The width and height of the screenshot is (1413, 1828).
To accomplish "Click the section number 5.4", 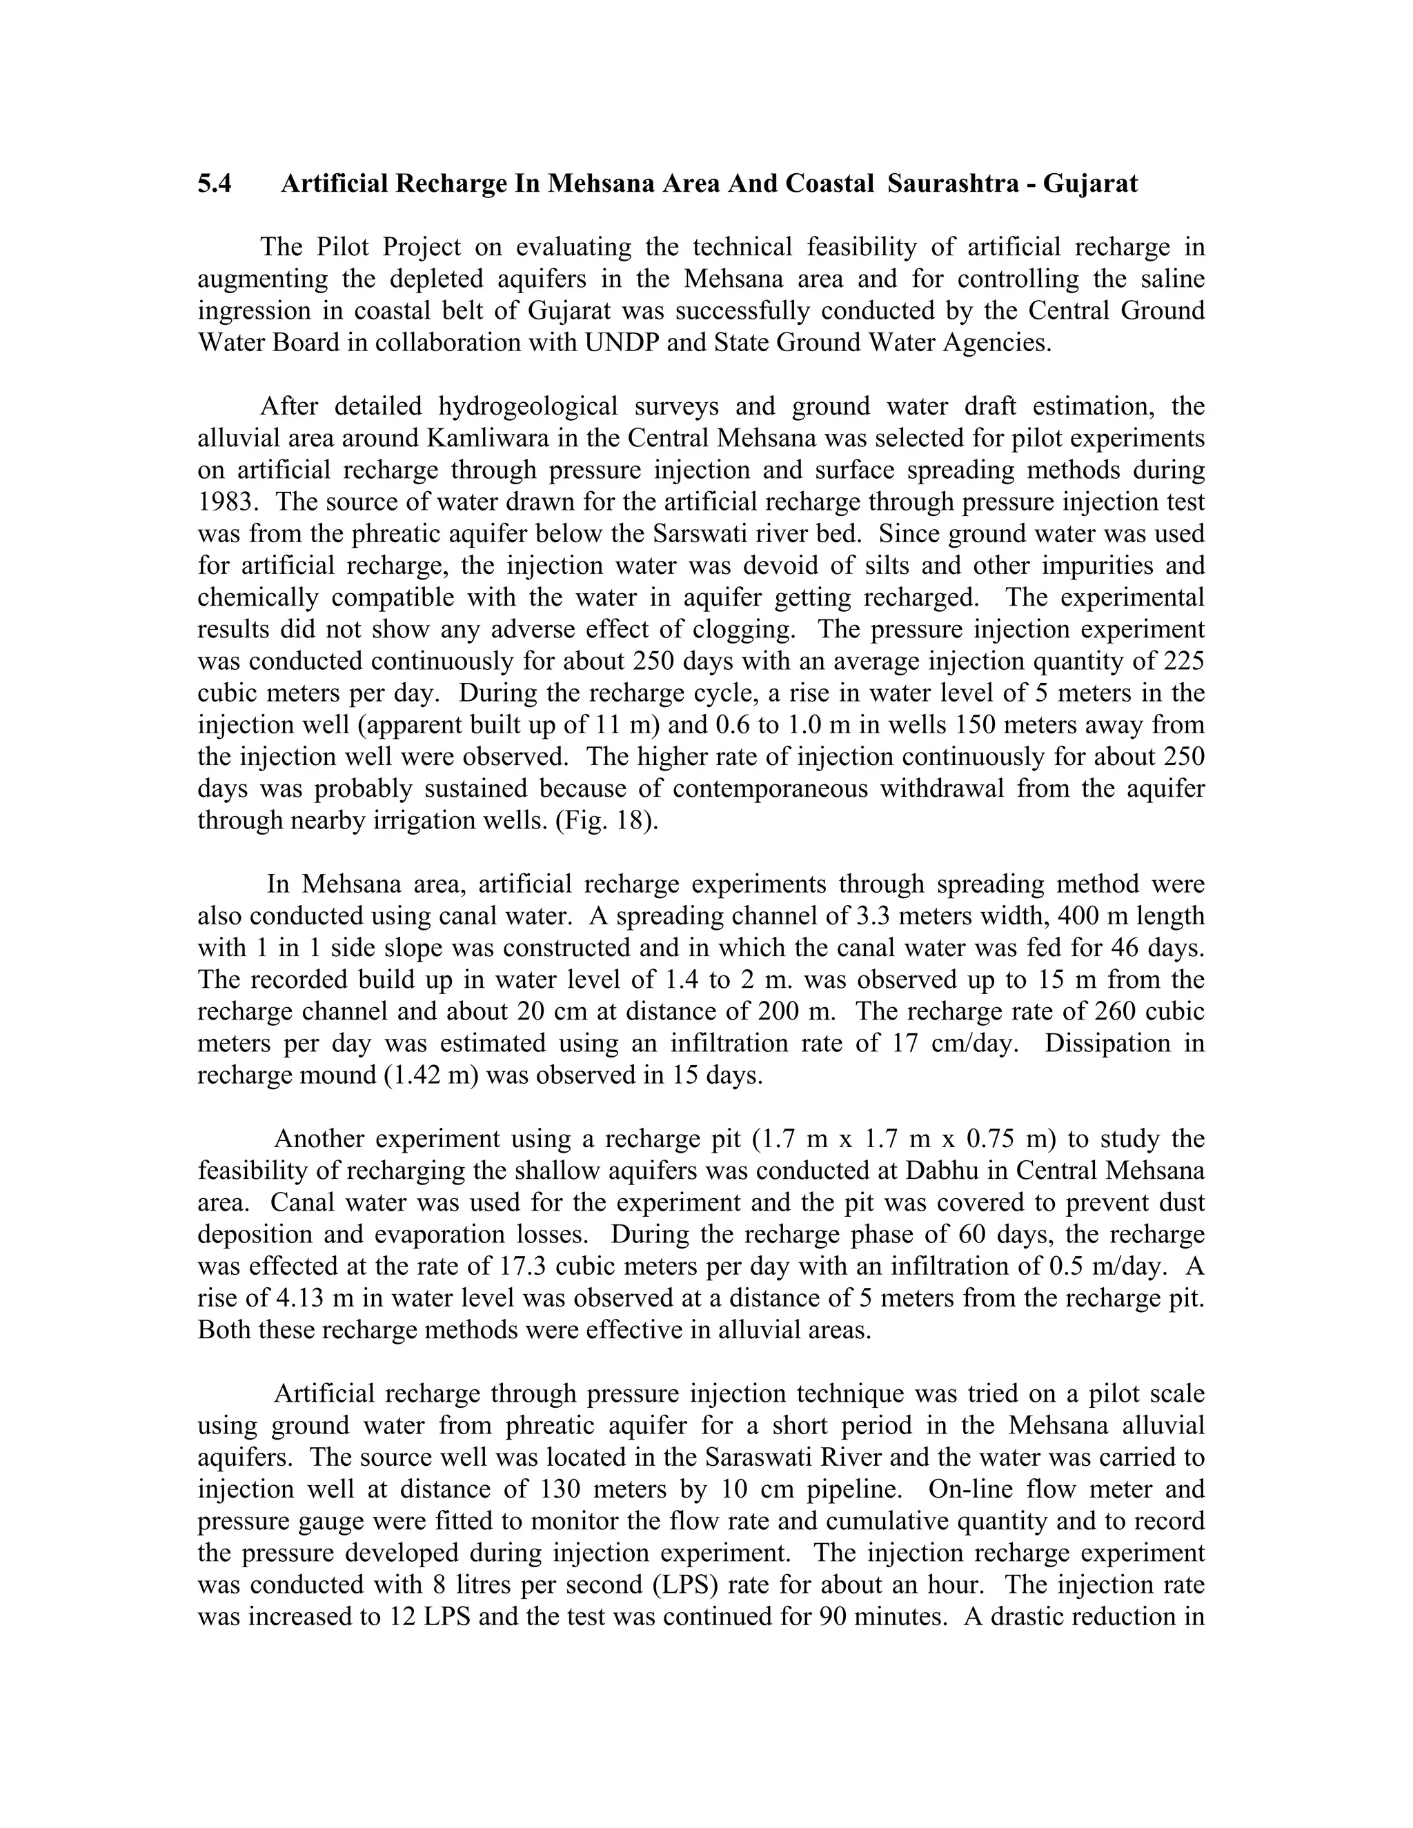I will (x=215, y=183).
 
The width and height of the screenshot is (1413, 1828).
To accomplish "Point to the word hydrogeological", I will (x=527, y=407).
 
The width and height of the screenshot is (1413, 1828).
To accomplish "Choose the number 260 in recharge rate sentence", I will (x=1114, y=1011).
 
